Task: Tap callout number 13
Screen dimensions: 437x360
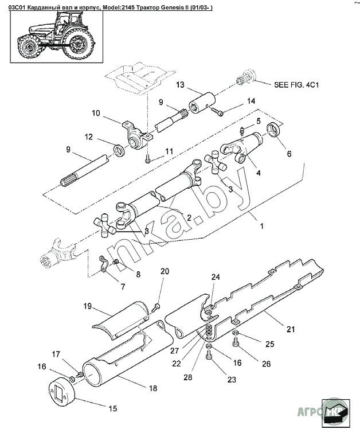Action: click(180, 85)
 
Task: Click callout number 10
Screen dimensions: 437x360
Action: click(95, 112)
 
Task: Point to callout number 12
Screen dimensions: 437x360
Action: click(89, 137)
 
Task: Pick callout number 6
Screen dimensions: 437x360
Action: click(288, 154)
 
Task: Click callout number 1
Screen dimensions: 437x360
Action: click(261, 227)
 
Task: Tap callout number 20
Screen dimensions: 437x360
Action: click(165, 271)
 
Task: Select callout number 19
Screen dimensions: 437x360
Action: click(87, 306)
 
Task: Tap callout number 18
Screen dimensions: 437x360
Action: click(152, 388)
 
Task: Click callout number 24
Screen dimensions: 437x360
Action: click(214, 277)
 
